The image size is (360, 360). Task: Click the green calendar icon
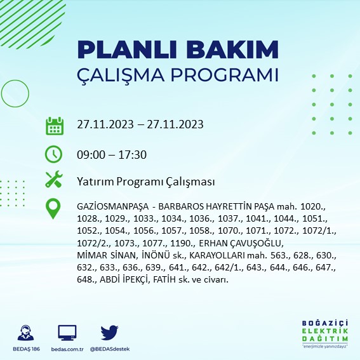tap(55, 125)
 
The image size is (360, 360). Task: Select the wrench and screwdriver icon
tap(55, 180)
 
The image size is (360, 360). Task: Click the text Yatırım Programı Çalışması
tap(145, 182)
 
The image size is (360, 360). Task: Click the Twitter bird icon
tap(110, 332)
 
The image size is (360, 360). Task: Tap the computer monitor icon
tap(67, 332)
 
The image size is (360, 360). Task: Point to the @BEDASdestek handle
tap(110, 349)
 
